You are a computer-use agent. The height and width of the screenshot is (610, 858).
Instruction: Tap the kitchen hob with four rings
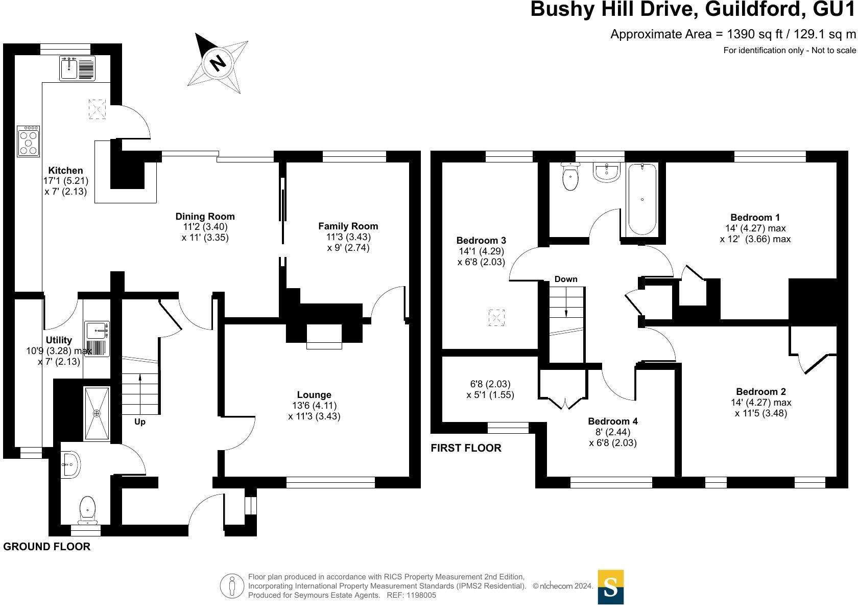tap(29, 142)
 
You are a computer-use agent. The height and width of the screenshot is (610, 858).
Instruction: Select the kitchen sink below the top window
tap(77, 68)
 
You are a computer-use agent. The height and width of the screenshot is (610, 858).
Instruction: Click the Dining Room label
tap(205, 217)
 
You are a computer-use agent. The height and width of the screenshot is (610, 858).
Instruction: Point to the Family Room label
tap(348, 226)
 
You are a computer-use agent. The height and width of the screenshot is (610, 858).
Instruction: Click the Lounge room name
tap(314, 394)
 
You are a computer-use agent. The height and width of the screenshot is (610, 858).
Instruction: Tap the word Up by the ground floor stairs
tap(140, 422)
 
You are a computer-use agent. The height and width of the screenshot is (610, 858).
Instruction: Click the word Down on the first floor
tap(566, 279)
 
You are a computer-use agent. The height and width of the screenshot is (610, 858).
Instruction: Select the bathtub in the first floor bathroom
tap(642, 199)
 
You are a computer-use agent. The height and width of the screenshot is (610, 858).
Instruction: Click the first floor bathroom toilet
tap(570, 176)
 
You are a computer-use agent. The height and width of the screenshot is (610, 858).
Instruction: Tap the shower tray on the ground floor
tap(97, 413)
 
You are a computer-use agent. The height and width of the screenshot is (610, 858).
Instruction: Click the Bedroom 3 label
tap(481, 240)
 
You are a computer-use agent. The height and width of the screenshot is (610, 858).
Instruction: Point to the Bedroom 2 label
tap(761, 391)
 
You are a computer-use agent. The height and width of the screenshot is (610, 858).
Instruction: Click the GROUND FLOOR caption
tap(47, 547)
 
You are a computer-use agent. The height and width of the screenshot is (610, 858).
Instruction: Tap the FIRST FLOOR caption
tap(466, 448)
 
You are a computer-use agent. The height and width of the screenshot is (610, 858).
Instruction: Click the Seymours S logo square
tap(611, 586)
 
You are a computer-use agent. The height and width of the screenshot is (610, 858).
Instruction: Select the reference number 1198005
tap(421, 595)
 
